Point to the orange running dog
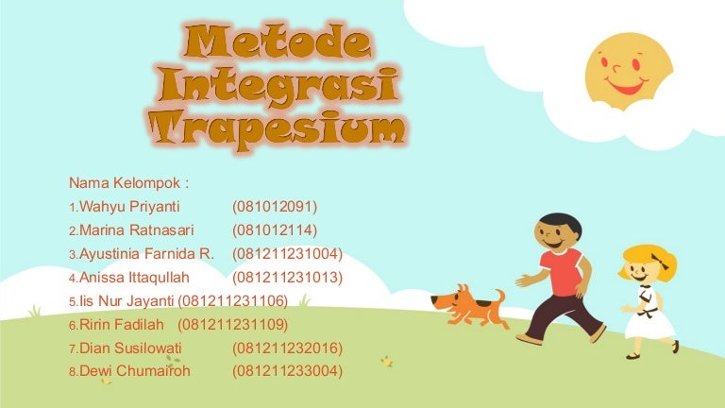pos(469,304)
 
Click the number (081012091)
pos(275,206)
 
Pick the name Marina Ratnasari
pos(137,229)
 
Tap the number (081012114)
pos(275,229)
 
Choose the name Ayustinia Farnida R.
pos(147,253)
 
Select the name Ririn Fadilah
pos(124,324)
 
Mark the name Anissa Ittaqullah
pos(135,277)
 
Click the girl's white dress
pos(652,320)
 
